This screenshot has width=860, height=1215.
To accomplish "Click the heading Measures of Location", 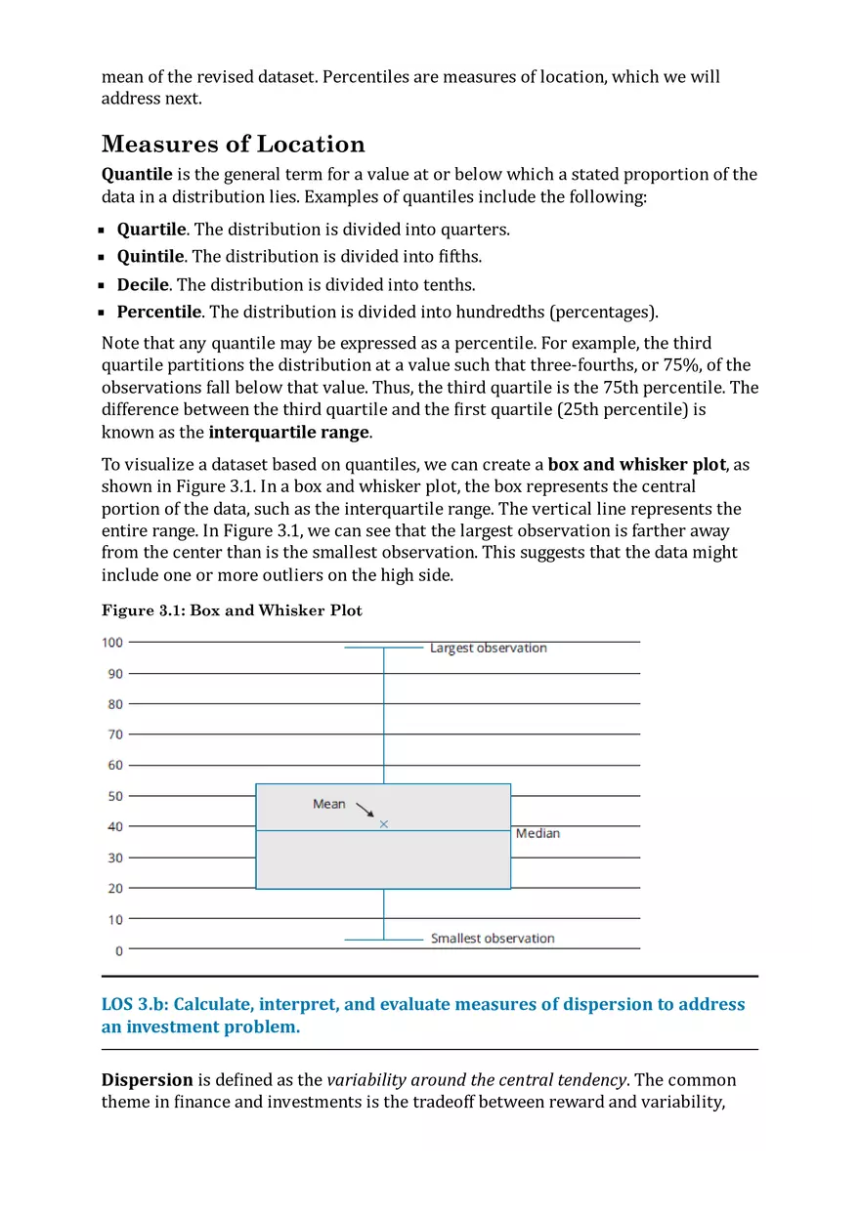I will tap(233, 145).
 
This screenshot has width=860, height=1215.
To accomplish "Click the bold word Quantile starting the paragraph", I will tap(137, 175).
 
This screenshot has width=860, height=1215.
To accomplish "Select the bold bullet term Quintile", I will tap(150, 257).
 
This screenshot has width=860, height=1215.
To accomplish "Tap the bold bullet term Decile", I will tap(143, 285).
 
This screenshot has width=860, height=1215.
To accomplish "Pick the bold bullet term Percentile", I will tap(159, 313).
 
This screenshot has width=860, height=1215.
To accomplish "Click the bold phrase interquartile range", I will tap(288, 433).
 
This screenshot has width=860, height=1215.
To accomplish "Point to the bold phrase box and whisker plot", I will tap(637, 465).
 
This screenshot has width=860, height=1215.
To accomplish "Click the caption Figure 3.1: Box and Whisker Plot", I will tap(232, 610).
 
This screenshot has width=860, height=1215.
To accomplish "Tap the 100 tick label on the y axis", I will tap(112, 643).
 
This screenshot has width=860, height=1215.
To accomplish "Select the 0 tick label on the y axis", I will tap(119, 950).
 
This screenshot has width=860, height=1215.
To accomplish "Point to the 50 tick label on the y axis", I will tap(115, 796).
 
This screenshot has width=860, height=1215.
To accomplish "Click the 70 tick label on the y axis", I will tap(115, 734).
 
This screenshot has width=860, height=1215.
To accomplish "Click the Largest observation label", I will tap(488, 649).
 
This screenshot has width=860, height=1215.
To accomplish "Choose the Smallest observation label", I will tap(492, 939).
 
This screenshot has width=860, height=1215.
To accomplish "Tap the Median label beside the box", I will tap(537, 833).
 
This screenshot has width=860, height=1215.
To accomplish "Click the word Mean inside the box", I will tap(328, 804).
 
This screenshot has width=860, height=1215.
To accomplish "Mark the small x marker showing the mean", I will tap(383, 824).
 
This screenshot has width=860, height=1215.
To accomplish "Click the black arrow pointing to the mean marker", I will tap(365, 810).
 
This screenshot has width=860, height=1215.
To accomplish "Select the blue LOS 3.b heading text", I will tap(422, 1016).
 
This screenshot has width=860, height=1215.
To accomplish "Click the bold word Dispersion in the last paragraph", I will tap(148, 1080).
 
